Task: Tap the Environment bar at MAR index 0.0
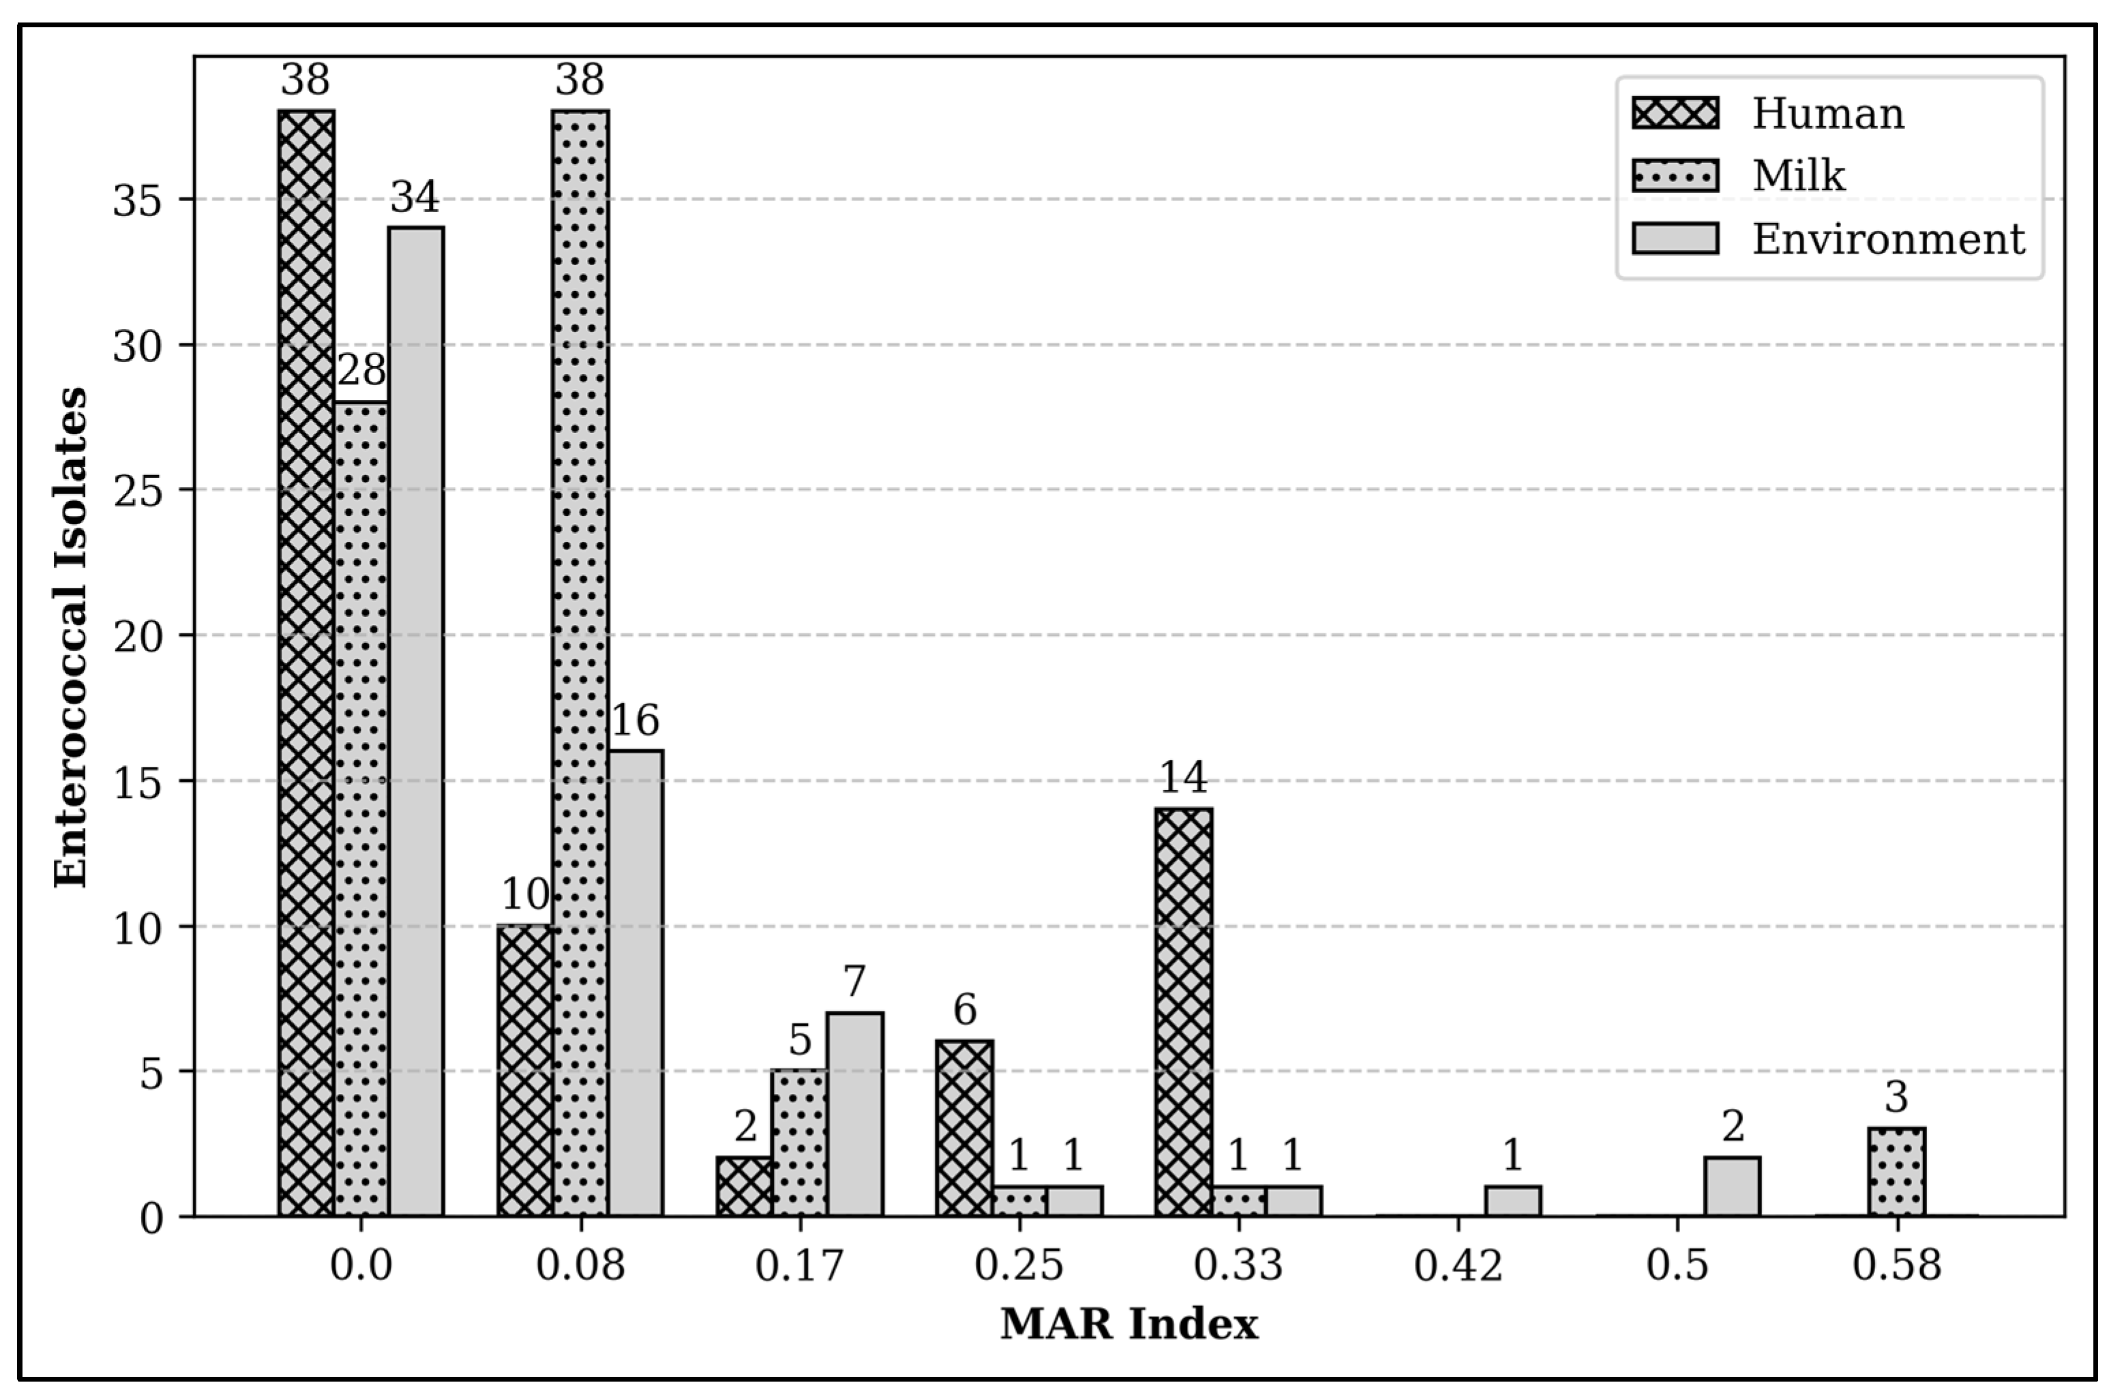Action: click(416, 721)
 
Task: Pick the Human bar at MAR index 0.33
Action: click(1184, 1011)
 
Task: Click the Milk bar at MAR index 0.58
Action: click(1897, 1172)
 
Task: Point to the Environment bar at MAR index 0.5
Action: click(1733, 1187)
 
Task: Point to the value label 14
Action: click(1183, 778)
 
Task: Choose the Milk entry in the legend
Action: click(1798, 176)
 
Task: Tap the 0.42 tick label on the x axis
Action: click(1459, 1266)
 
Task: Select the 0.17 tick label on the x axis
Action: click(801, 1266)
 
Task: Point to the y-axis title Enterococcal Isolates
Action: click(72, 637)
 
